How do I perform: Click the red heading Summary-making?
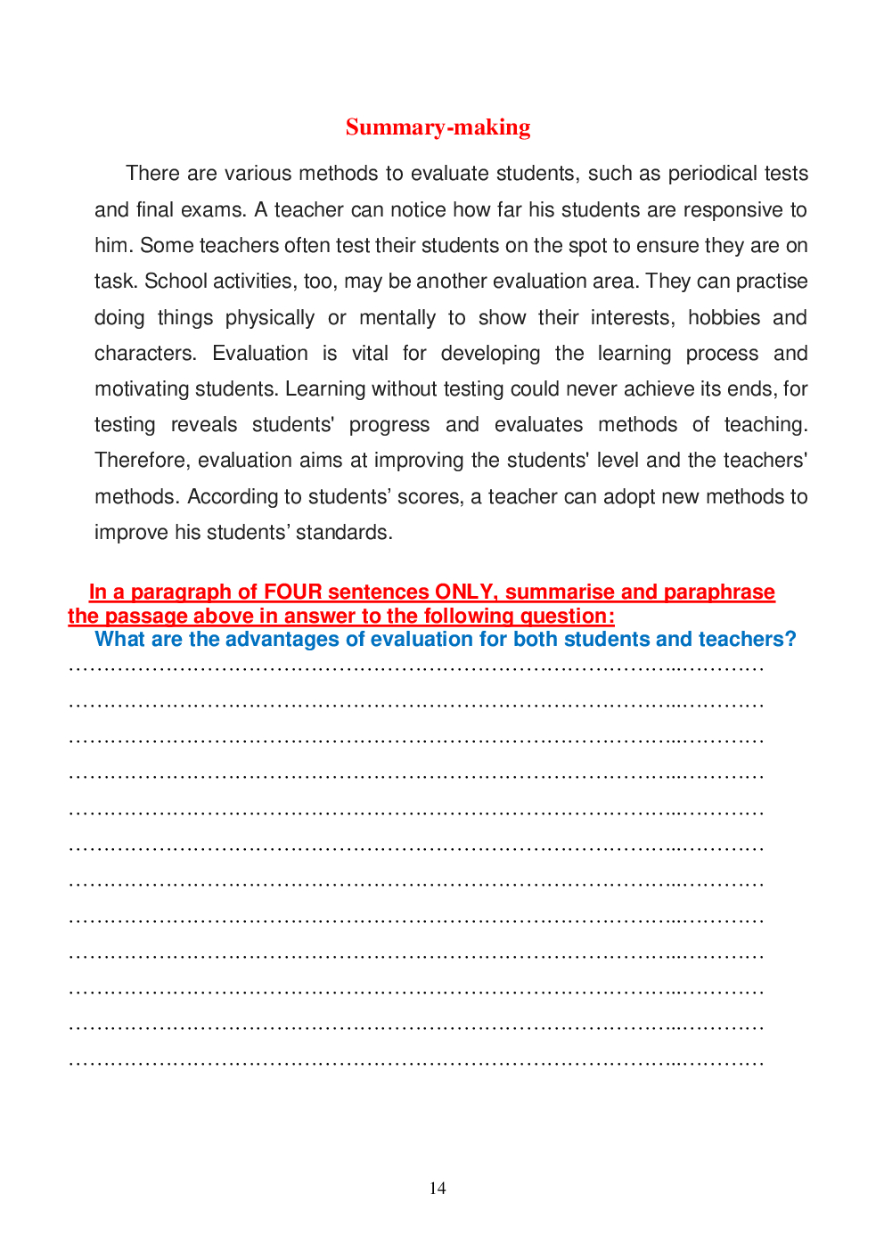pos(438,127)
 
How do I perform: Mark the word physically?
pos(269,318)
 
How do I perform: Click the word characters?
pos(145,354)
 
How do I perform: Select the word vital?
pos(370,354)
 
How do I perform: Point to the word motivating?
pos(141,389)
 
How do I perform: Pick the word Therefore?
pos(143,461)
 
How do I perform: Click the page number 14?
pos(438,1189)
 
